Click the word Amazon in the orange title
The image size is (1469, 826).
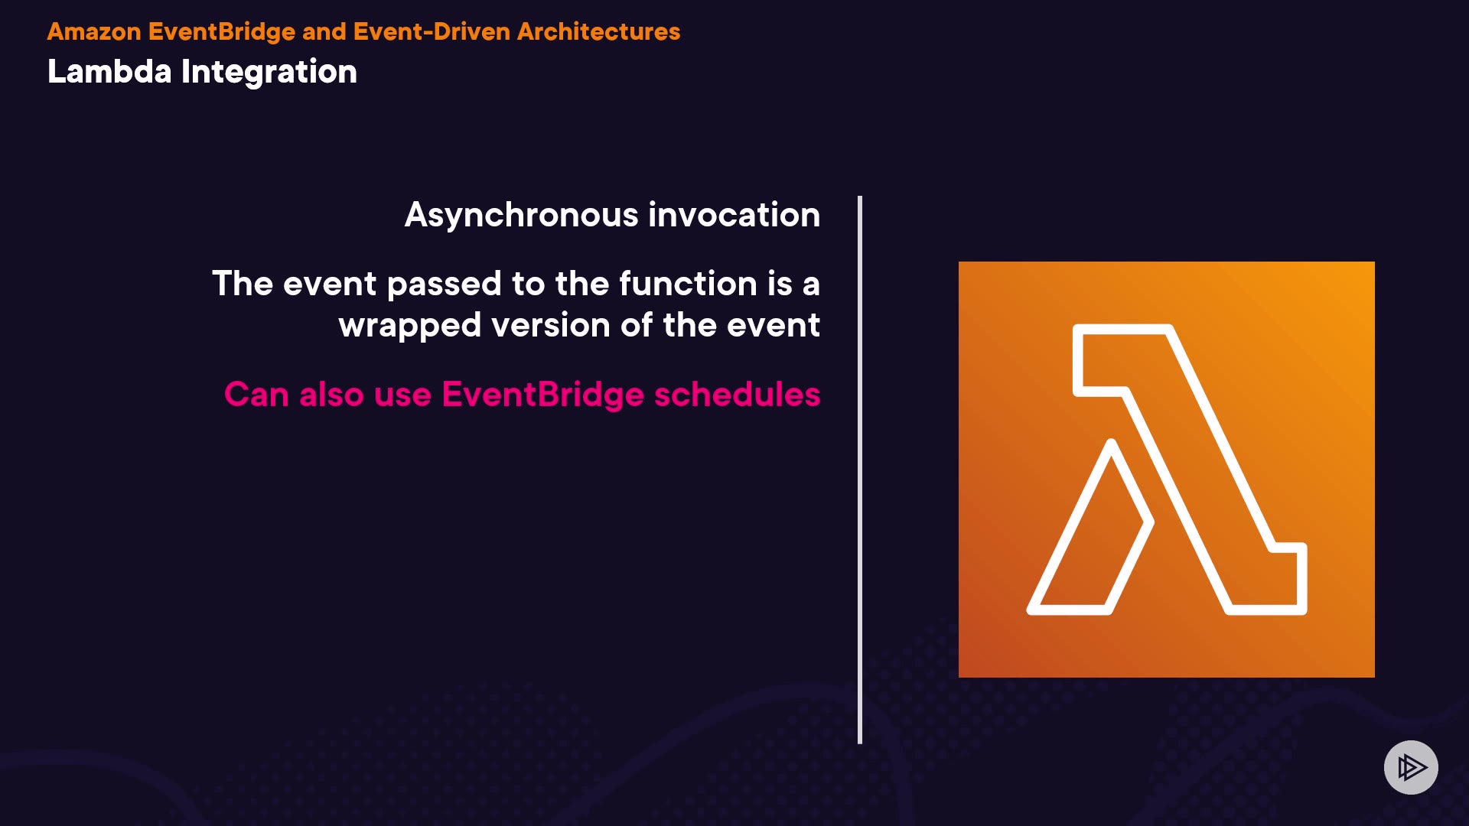[94, 31]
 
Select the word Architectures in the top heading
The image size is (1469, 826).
[598, 31]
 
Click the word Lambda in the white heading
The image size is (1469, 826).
[109, 71]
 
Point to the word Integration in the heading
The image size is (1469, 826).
[269, 73]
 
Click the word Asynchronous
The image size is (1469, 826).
[521, 216]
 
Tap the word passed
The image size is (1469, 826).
[445, 285]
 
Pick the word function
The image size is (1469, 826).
[688, 283]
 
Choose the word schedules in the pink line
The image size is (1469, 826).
[737, 395]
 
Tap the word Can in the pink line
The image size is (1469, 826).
[256, 395]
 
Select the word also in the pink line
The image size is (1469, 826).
[331, 395]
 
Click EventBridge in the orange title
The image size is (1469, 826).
[222, 32]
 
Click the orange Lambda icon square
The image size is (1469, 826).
[1166, 469]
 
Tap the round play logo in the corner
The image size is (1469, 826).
[1411, 767]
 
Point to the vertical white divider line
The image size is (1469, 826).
[860, 470]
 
